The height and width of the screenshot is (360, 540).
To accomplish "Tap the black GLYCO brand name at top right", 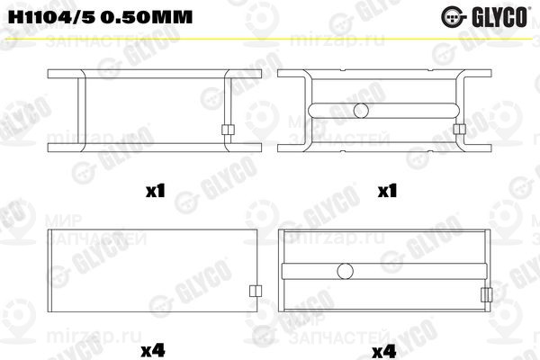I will (506, 16).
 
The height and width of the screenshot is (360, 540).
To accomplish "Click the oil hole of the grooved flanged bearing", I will (362, 111).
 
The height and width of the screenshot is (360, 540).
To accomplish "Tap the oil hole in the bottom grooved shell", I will (346, 270).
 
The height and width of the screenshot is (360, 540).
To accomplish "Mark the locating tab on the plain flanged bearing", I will (227, 130).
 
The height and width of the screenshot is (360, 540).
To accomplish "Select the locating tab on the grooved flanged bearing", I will (459, 130).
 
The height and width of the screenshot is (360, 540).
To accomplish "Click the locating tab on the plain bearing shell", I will (255, 291).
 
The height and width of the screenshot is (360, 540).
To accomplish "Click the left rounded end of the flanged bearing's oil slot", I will (311, 111).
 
